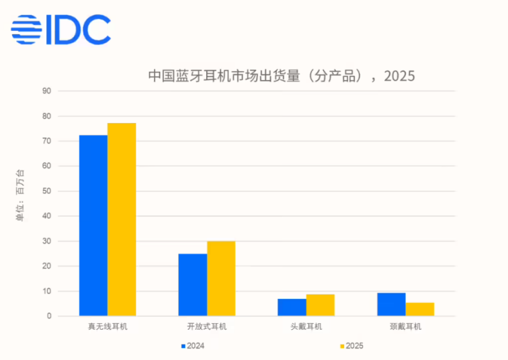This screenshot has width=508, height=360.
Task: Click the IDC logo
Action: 60,30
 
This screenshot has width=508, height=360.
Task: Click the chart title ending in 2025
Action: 281,75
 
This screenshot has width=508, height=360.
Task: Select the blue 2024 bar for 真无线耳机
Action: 93,225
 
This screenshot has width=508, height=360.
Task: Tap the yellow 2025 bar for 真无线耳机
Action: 122,219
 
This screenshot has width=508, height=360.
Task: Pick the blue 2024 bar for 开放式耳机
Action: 193,284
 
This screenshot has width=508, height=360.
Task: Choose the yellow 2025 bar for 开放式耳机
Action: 221,278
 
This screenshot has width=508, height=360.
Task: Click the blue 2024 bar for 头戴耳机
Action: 292,307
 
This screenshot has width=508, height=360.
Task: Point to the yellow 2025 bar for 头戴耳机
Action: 320,305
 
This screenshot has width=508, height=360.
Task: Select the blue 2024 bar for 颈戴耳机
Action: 391,304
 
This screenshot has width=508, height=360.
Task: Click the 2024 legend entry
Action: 193,346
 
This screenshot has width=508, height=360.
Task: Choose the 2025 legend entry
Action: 351,346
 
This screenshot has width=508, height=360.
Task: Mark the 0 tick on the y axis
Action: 48,316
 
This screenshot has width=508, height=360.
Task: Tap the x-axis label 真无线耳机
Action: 108,327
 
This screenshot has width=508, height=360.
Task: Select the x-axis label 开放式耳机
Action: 207,327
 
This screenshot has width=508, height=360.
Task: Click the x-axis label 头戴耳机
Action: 306,327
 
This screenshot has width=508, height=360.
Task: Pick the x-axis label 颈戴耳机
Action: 405,327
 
